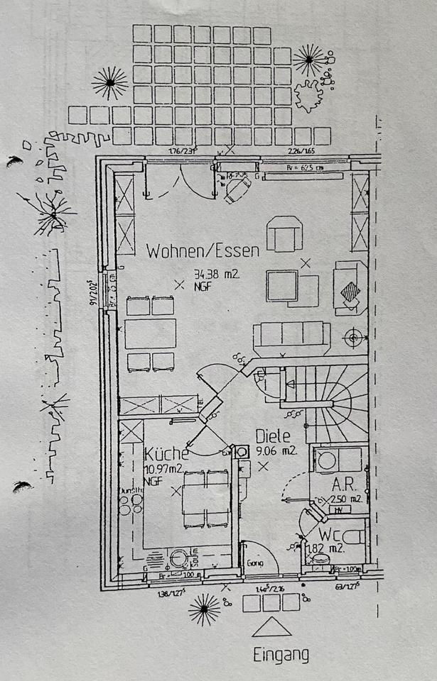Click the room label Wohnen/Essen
point(203,250)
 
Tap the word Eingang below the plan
point(281,655)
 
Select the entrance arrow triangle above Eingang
point(271,627)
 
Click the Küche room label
point(166,453)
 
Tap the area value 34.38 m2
point(217,274)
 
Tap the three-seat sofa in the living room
point(291,337)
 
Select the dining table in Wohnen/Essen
point(150,333)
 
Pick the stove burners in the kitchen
point(130,504)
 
